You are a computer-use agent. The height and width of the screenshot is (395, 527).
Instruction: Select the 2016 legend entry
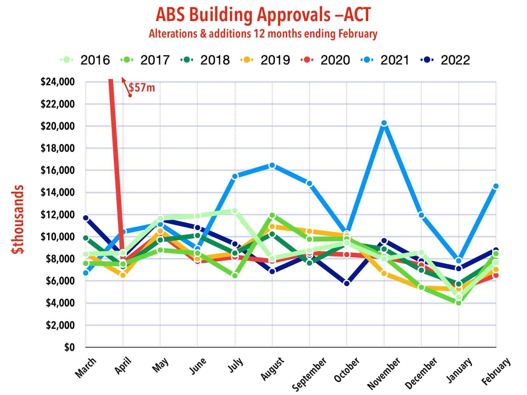click(x=85, y=60)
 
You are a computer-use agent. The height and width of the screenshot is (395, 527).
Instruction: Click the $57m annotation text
click(x=142, y=88)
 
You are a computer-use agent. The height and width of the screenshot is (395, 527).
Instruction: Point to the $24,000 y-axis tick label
click(x=58, y=82)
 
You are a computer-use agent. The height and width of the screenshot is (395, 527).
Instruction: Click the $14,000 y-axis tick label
click(x=58, y=192)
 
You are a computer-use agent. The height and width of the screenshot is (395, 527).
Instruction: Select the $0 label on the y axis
click(x=69, y=347)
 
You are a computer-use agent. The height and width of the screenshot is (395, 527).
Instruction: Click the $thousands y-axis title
click(x=17, y=219)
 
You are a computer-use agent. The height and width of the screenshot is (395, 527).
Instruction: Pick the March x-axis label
click(x=85, y=368)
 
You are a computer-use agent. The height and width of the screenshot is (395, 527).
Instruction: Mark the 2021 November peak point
click(x=384, y=123)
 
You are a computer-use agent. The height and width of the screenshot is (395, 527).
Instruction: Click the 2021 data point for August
click(x=272, y=165)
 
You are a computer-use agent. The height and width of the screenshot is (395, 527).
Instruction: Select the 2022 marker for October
click(x=347, y=283)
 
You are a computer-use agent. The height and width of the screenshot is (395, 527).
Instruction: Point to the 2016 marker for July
click(x=235, y=211)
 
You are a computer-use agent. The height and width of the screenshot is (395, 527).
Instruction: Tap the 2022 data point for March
click(x=86, y=218)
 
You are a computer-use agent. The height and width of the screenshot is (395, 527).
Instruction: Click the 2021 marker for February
click(x=496, y=186)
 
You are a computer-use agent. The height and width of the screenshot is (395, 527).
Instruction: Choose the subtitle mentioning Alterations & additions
click(x=263, y=34)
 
